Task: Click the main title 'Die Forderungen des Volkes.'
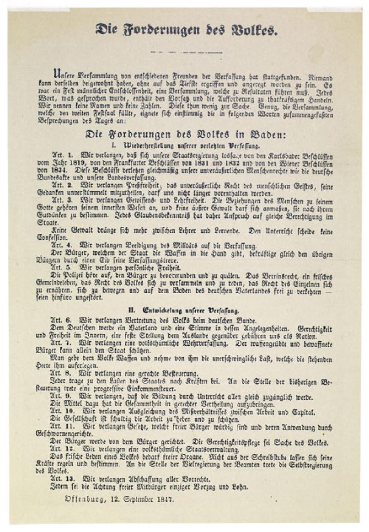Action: coord(186,30)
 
